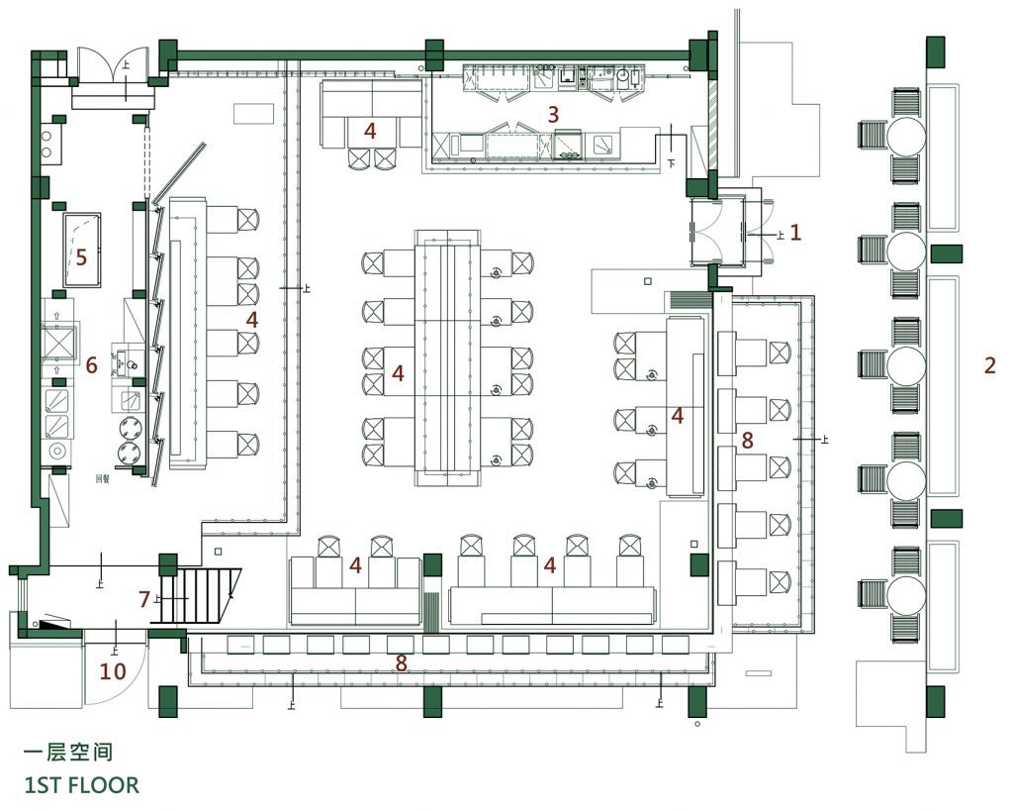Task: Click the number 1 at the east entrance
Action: pyautogui.click(x=794, y=233)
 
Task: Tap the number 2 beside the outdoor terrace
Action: pyautogui.click(x=990, y=364)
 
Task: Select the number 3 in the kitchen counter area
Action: pyautogui.click(x=554, y=115)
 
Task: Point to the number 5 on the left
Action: pyautogui.click(x=81, y=257)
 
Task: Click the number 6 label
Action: pyautogui.click(x=91, y=365)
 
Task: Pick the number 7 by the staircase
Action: pyautogui.click(x=144, y=599)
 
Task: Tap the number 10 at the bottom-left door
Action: pyautogui.click(x=113, y=672)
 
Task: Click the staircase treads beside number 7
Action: pyautogui.click(x=203, y=595)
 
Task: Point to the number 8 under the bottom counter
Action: pyautogui.click(x=402, y=663)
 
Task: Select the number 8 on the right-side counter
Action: pyautogui.click(x=748, y=441)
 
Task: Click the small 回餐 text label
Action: pyautogui.click(x=101, y=477)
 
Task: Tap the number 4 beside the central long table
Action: pyautogui.click(x=398, y=373)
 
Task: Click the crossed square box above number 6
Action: pyautogui.click(x=61, y=342)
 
